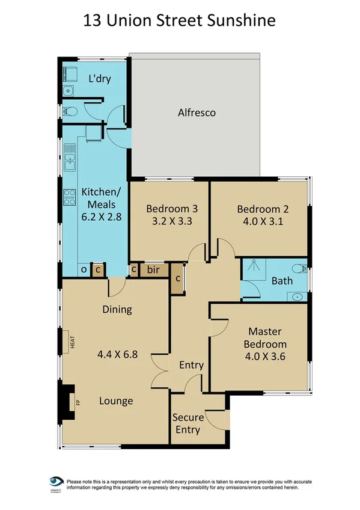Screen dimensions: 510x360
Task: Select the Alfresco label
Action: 197,112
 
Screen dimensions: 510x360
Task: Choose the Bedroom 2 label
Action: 263,209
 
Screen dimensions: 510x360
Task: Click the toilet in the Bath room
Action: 297,268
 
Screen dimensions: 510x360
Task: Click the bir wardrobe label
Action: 153,270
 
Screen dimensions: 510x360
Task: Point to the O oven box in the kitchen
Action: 84,270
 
